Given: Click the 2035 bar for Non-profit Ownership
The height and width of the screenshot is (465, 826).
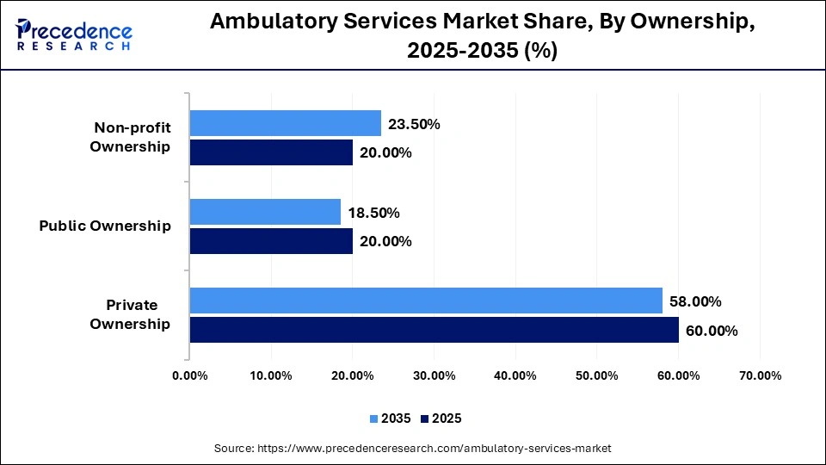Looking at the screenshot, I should pos(285,123).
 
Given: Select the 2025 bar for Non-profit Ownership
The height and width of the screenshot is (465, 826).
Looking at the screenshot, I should pos(271,152).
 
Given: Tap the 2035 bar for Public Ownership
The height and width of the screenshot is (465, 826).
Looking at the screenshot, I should pos(265,212).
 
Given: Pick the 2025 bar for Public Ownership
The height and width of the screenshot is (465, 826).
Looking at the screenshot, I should pos(271,241).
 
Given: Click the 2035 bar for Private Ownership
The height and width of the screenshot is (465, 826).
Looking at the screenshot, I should pos(426,301).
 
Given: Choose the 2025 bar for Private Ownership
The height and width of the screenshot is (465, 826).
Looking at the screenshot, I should pos(434,330).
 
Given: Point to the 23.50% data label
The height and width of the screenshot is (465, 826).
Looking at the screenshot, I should pos(414,124).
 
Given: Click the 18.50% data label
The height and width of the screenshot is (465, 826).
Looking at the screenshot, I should pos(374,213).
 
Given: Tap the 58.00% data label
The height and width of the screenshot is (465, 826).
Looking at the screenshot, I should pos(695,301).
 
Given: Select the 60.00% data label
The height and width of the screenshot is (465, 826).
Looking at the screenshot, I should pos(712,331).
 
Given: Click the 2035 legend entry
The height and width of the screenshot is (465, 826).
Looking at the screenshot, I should pos(391,418).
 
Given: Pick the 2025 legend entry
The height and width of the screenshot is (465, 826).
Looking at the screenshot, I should pos(442,418).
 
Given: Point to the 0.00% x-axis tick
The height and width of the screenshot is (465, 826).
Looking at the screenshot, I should pos(189,375).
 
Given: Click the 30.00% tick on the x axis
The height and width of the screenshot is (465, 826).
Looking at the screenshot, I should pos(434,375).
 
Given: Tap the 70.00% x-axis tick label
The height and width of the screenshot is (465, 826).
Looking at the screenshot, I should pos(760,375).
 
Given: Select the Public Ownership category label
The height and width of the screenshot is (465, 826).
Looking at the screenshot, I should pos(105,226).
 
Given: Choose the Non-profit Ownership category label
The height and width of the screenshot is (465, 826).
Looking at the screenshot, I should pos(132,137).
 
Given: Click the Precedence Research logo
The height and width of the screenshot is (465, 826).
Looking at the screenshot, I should pos(74,34).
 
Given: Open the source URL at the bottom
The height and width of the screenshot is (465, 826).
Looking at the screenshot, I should pos(412,448).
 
